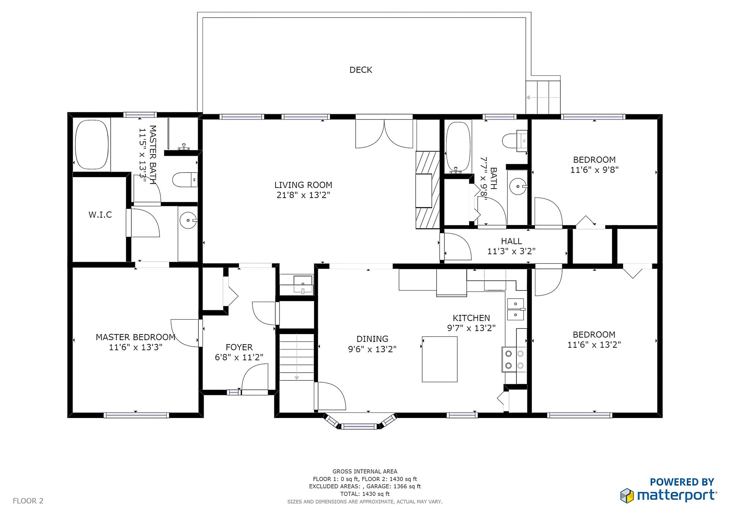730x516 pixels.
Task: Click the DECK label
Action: pos(361,70)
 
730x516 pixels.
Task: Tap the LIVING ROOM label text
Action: pos(303,185)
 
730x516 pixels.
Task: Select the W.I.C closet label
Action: pos(100,215)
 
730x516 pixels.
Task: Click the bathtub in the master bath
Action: pos(92,145)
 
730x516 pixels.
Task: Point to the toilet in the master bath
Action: pos(185,180)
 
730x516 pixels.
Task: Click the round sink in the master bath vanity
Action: pos(188,220)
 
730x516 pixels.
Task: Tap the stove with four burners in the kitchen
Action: pos(514,359)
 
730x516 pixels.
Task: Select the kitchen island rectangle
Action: pos(440,359)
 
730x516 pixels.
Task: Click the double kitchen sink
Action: pos(516,309)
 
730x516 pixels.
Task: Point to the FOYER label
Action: pos(239,347)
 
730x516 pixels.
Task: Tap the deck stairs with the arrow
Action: pos(543,97)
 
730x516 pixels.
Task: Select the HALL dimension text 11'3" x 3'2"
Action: pos(511,251)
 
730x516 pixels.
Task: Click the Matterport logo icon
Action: pos(627,495)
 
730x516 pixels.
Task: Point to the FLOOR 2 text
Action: pos(28,501)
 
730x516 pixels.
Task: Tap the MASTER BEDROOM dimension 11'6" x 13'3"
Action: pos(136,347)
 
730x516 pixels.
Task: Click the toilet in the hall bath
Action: pos(515,141)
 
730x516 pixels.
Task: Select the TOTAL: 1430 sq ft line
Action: pos(365,494)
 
